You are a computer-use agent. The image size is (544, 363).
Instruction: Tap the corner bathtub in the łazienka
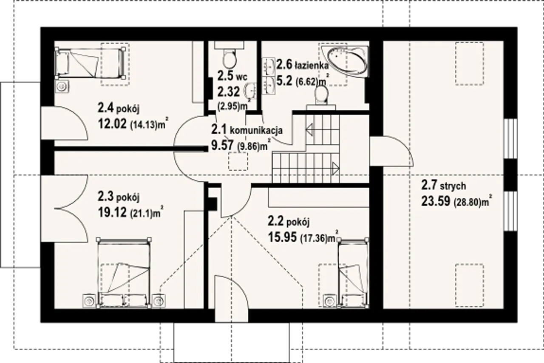344,60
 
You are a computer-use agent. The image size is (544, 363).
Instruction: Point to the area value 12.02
112,124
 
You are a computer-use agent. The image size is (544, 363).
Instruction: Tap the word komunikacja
256,131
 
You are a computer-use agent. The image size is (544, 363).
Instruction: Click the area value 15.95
282,237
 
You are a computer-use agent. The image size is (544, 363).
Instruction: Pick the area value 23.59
436,201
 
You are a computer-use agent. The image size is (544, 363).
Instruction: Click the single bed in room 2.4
90,63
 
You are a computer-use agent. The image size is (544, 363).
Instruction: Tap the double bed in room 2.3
124,273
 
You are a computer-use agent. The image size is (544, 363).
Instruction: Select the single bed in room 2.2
353,273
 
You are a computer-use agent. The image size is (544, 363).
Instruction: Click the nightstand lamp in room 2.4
62,86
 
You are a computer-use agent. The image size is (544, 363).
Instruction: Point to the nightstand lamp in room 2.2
330,301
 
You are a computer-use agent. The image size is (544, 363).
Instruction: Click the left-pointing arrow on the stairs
309,129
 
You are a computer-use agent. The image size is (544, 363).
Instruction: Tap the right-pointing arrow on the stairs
336,168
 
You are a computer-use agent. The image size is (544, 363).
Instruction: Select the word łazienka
312,66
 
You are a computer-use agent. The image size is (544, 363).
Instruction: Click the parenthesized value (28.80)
467,202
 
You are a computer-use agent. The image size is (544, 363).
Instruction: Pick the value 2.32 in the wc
229,91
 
